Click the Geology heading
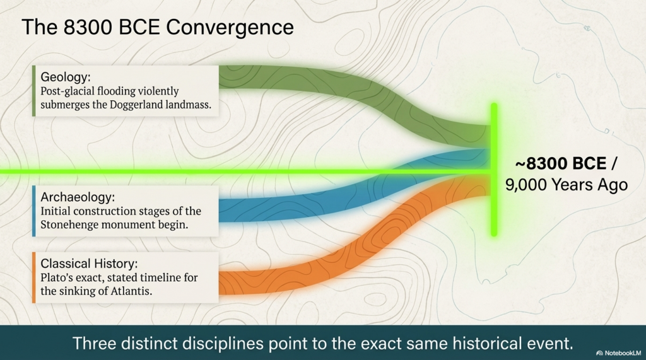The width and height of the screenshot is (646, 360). (66, 78)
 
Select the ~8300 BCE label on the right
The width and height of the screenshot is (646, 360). (558, 164)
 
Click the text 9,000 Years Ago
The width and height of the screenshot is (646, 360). (566, 185)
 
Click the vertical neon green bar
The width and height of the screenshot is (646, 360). (494, 208)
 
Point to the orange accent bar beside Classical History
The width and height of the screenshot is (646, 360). (33, 277)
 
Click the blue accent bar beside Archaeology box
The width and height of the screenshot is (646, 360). (33, 211)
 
